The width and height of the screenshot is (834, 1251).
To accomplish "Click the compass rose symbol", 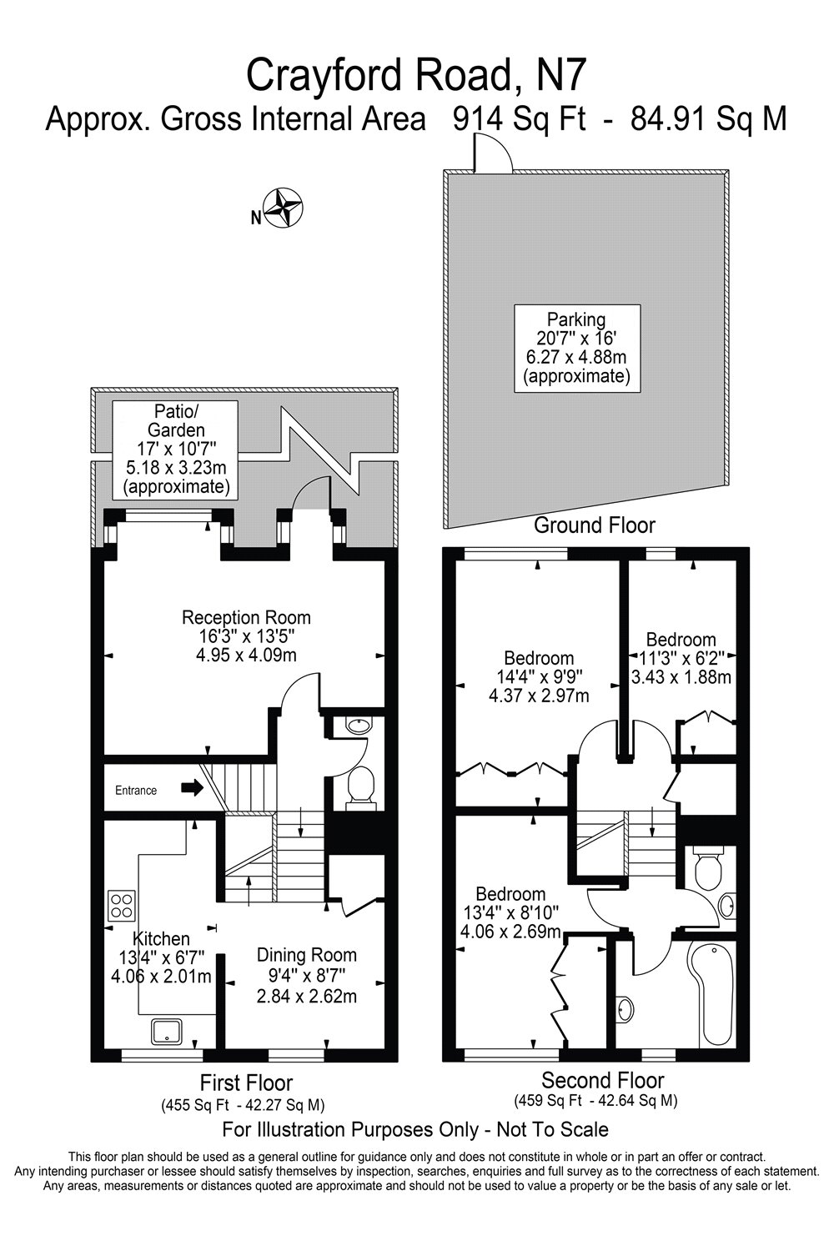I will pos(283,208).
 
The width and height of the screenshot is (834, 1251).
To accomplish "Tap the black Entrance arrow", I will pos(193,788).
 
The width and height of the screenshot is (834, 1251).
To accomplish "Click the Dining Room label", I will pos(306,975).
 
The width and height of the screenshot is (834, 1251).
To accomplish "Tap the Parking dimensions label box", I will pos(576,347).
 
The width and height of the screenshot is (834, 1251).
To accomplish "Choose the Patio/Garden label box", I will pos(176,450).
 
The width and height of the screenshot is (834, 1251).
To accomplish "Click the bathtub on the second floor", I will pos(710,993).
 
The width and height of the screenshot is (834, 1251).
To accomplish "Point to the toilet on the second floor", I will pos(708,868).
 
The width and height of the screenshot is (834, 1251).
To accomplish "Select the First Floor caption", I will pos(246,1083).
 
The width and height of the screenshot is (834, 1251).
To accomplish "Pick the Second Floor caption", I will pos(602,1080).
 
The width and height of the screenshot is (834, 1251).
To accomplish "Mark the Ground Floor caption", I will pos(594,525).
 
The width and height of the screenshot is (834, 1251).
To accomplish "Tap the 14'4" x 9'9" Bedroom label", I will pos(538,676).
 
